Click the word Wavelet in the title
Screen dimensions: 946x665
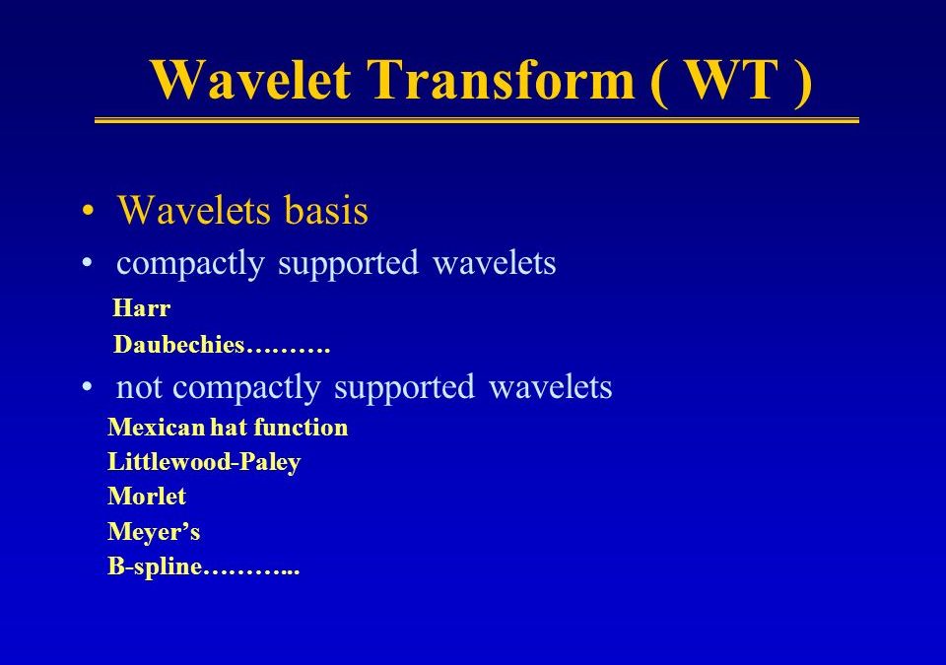tap(251, 80)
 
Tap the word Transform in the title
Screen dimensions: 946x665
tap(502, 80)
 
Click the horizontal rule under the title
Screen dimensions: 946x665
tap(477, 121)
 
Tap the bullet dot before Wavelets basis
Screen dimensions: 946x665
tap(88, 211)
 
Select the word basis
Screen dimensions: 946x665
tap(326, 210)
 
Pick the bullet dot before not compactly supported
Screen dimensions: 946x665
tap(88, 386)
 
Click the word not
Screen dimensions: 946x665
tap(139, 387)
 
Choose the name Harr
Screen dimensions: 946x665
tap(142, 307)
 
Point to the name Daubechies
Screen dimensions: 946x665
tap(178, 344)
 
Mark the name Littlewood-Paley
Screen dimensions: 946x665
tap(205, 462)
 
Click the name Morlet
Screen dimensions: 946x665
tap(147, 496)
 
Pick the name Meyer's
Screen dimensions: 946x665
tap(154, 532)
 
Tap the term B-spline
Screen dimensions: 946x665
tap(155, 567)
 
